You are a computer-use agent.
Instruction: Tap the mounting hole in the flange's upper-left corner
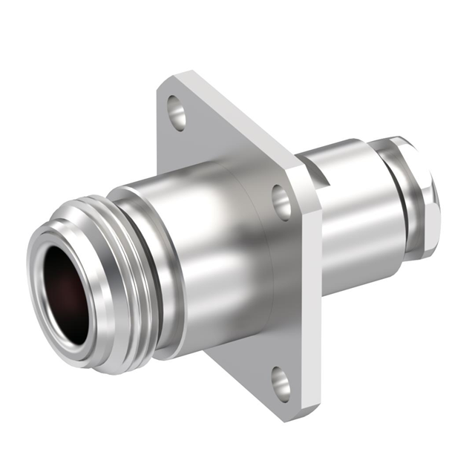[177, 111]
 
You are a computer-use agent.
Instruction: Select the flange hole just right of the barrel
[282, 201]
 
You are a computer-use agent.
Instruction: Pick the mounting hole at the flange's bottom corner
[281, 382]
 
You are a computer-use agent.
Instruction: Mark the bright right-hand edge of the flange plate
[310, 282]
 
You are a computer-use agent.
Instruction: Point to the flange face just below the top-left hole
[178, 148]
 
